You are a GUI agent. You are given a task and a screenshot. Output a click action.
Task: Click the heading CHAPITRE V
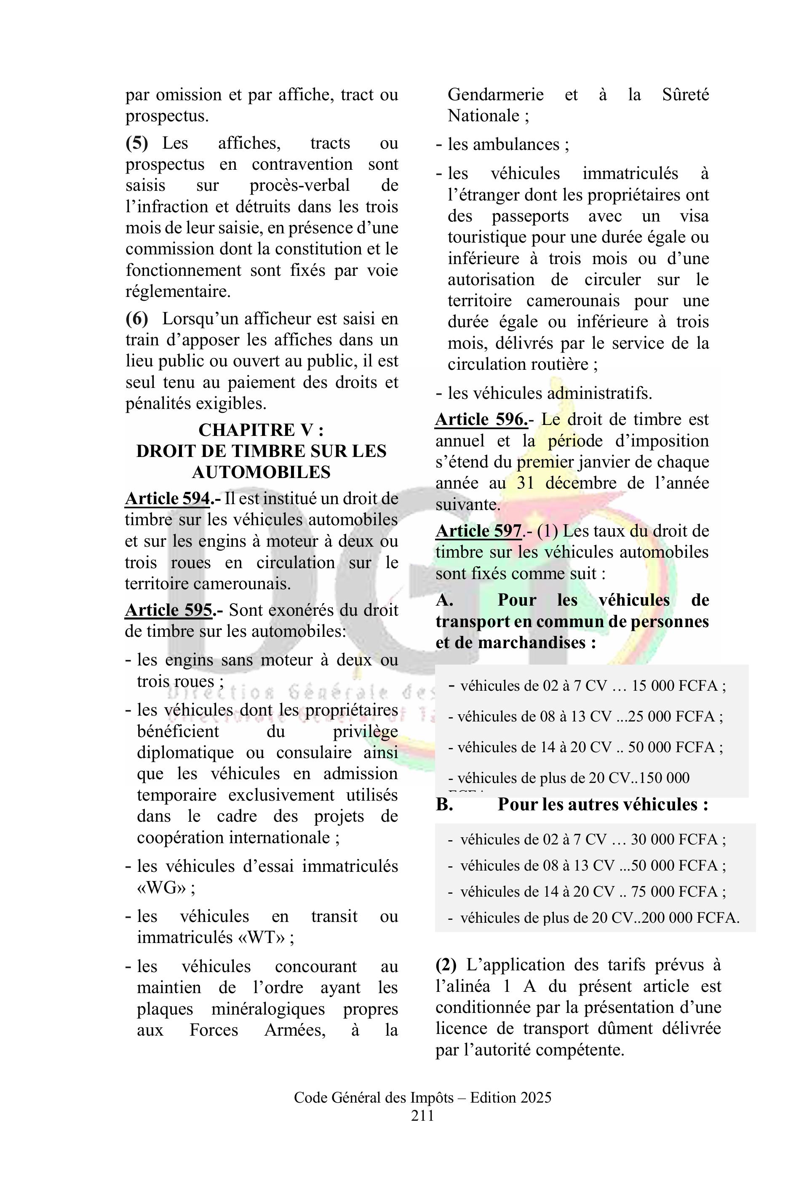coord(261,430)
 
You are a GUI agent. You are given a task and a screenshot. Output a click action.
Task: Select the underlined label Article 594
coord(168,499)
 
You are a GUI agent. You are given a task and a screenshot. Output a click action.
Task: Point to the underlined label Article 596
coord(481,419)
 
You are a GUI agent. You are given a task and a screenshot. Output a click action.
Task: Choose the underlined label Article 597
coord(478,531)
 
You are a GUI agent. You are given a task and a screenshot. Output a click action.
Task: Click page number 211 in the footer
coord(422,1116)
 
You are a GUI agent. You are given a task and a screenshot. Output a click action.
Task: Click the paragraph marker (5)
coord(136,143)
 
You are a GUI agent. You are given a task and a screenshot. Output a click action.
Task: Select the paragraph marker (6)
coord(136,319)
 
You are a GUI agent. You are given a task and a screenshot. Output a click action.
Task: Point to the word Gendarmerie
coord(495,94)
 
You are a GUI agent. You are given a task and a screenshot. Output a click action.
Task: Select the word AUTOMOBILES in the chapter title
coord(261,472)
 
